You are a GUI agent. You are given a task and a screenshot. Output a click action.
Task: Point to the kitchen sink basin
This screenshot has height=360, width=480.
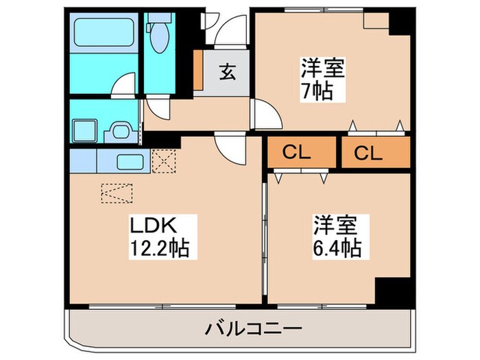tap(128, 163)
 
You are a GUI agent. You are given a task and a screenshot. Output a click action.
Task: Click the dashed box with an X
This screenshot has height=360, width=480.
tap(165, 161)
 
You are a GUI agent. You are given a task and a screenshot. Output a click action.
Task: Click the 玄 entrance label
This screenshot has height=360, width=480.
tap(226, 71)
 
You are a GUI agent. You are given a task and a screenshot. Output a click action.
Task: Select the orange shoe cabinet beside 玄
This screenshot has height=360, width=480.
tap(198, 71)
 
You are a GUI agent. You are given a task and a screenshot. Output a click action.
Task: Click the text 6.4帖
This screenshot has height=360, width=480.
tap(338, 247)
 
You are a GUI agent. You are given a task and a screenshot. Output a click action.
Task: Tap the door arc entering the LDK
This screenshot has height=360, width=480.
tap(225, 146)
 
